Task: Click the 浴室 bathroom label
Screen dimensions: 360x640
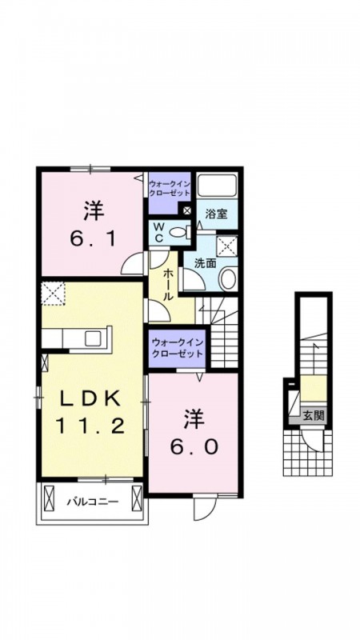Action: (215, 214)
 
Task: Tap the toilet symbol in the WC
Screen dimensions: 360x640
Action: (179, 232)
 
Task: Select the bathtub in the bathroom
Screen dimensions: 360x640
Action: (217, 186)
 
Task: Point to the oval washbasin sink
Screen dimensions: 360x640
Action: (228, 278)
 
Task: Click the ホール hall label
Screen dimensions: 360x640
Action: (166, 284)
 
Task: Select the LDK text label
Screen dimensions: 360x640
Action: (90, 398)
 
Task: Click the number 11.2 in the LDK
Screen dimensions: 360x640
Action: (90, 427)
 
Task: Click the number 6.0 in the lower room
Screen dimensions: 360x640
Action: (194, 447)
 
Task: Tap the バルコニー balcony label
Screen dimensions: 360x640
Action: (93, 501)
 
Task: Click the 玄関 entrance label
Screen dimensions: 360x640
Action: (314, 415)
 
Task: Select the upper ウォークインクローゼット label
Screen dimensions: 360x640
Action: (169, 188)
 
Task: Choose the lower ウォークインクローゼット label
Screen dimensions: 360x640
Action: (177, 348)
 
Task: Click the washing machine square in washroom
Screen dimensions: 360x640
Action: (226, 246)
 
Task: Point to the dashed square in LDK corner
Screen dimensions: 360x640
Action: (54, 294)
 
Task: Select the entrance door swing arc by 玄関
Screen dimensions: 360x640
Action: (314, 440)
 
